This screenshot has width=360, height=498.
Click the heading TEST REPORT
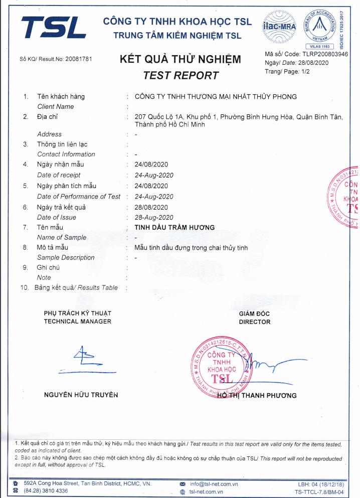coord(181,76)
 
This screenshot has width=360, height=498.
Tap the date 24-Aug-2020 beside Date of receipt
coord(154,175)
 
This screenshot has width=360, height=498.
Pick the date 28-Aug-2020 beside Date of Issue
coord(154,217)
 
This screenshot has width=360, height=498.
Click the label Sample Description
coord(66,257)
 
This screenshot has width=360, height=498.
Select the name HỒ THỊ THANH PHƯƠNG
coord(257,395)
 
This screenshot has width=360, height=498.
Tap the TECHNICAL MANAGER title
coord(78,321)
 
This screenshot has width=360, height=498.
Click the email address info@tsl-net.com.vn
coord(214,484)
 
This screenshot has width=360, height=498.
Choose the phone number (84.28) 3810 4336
coord(46,491)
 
